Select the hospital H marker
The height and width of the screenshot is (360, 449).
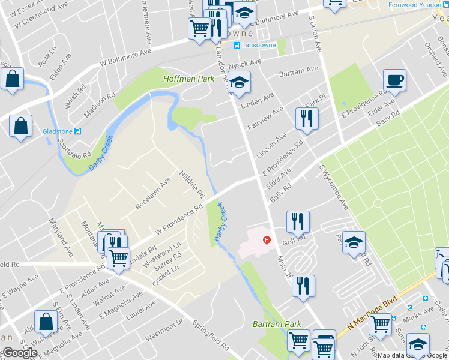(267, 241)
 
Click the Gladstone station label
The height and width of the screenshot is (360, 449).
(58, 131)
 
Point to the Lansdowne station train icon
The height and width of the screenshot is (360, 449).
(237, 46)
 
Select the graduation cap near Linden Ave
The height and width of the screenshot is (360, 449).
(239, 83)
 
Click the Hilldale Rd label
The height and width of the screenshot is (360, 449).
(192, 184)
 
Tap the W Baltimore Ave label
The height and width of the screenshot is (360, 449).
(125, 57)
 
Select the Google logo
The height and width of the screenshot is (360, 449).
(19, 353)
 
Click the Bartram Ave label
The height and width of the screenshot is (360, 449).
(299, 71)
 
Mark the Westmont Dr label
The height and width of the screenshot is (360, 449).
(164, 329)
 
